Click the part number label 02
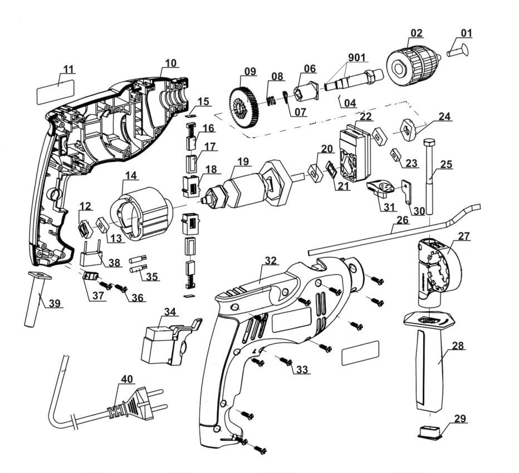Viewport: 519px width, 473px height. pos(416,33)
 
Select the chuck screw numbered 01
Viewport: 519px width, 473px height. pos(457,52)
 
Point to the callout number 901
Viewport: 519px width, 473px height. pos(358,58)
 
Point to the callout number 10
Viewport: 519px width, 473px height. pos(170,63)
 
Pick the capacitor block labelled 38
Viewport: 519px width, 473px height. pos(92,257)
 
